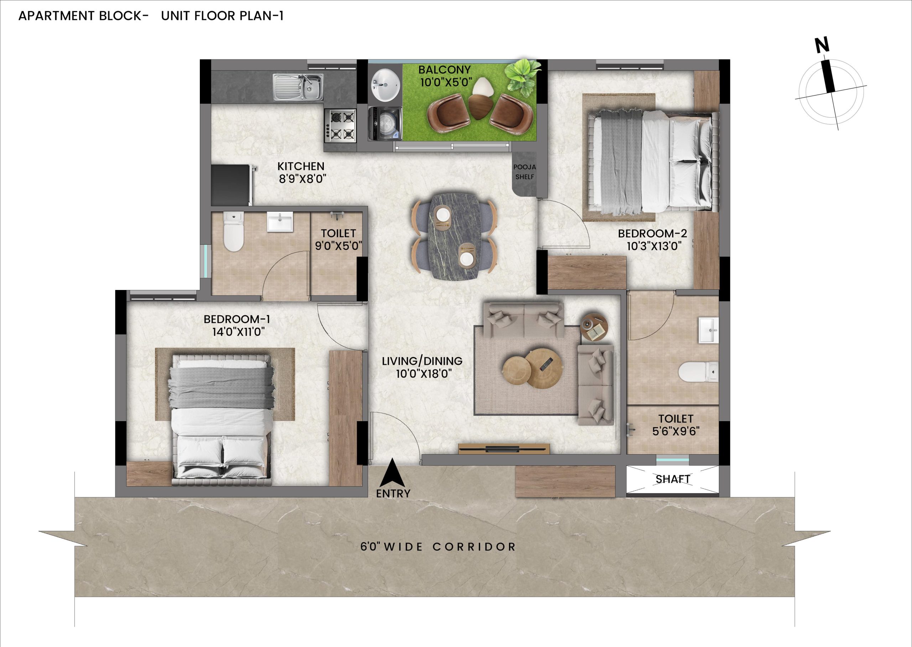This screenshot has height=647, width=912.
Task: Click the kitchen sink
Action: pos(298,87)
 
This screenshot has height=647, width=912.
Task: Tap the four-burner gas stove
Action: pos(340,126)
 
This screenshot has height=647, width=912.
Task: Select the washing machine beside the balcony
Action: pos(384,124)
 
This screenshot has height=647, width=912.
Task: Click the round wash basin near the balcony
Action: pos(385,85)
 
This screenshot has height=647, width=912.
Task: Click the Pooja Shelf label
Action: pos(524,172)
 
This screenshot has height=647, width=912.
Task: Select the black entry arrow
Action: pos(392,472)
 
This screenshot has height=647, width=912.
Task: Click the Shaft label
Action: pos(673,479)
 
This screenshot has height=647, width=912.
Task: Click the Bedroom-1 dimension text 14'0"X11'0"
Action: pos(239,332)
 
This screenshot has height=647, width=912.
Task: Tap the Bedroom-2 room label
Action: pos(652,233)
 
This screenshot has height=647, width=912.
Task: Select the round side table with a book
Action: pos(594,327)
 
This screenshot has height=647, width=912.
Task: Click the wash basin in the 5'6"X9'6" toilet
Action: pos(708,330)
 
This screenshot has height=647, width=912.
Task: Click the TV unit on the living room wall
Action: pos(504,448)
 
